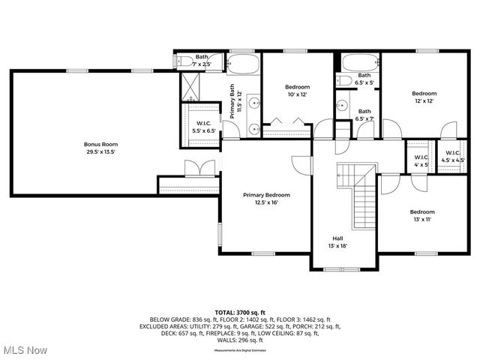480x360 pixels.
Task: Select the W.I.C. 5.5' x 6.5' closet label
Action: (205, 127)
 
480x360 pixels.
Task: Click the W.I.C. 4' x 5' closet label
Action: (421, 160)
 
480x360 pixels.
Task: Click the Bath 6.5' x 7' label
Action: (364, 115)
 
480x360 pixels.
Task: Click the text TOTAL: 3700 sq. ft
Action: (240, 311)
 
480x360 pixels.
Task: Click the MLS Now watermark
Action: (24, 350)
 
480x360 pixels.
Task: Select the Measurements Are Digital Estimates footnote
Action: (240, 349)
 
